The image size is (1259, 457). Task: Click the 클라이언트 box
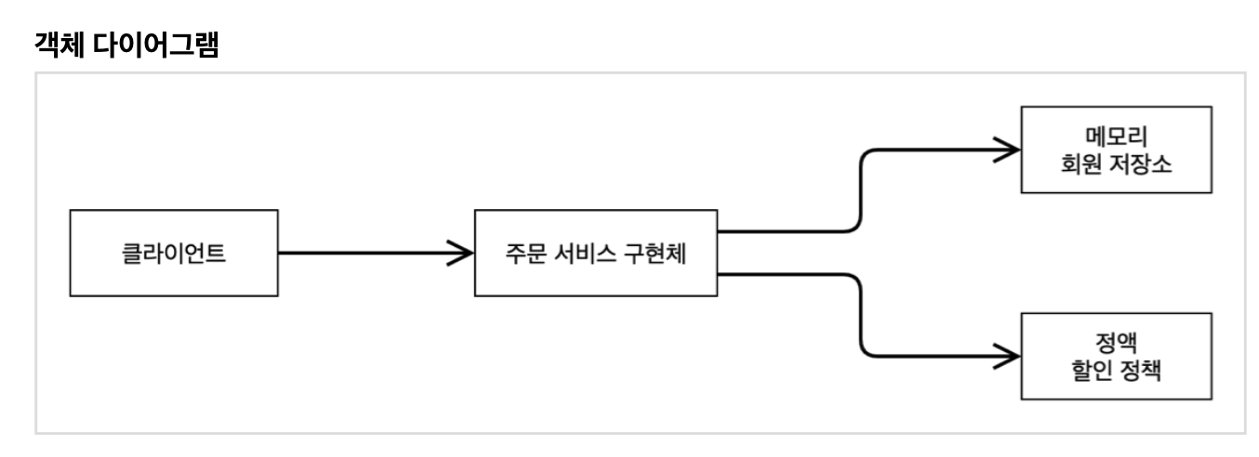(174, 252)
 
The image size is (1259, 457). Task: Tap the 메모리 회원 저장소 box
(1117, 150)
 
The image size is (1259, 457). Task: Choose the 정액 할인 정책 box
(1117, 355)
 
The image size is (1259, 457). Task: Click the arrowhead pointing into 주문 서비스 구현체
(459, 252)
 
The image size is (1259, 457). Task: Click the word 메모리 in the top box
(1117, 137)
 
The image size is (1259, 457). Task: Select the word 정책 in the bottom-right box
(1145, 369)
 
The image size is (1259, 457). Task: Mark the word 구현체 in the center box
(658, 252)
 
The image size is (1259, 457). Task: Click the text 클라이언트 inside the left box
(174, 252)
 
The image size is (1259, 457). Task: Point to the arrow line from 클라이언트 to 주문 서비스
(363, 252)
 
